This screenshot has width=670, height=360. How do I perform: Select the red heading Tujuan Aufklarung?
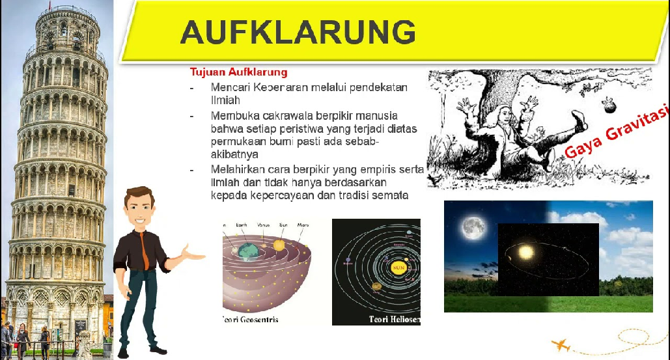(x=238, y=72)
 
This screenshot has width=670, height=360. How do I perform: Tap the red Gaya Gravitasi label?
(x=616, y=133)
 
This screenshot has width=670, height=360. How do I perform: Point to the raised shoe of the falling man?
(x=576, y=121)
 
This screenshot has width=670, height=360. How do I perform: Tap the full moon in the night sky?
(x=473, y=227)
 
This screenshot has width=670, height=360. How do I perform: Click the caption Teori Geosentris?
(x=251, y=320)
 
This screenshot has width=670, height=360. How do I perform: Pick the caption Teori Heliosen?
(x=394, y=320)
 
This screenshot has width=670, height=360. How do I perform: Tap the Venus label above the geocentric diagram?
(x=264, y=225)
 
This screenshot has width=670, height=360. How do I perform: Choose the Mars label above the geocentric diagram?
(x=303, y=225)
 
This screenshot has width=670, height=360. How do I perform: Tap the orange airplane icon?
(x=560, y=344)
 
